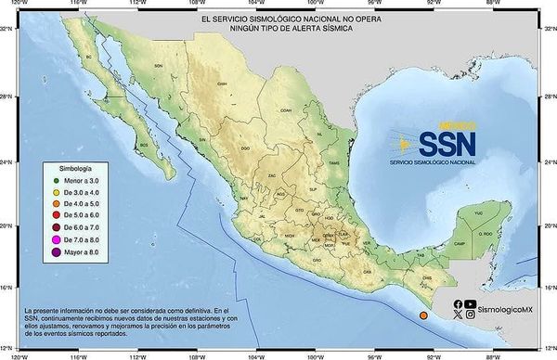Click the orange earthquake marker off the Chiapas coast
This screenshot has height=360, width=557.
pyautogui.click(x=423, y=316)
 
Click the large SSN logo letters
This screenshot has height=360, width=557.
pyautogui.click(x=447, y=142)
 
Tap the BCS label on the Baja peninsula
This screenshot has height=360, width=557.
pyautogui.click(x=143, y=145)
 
